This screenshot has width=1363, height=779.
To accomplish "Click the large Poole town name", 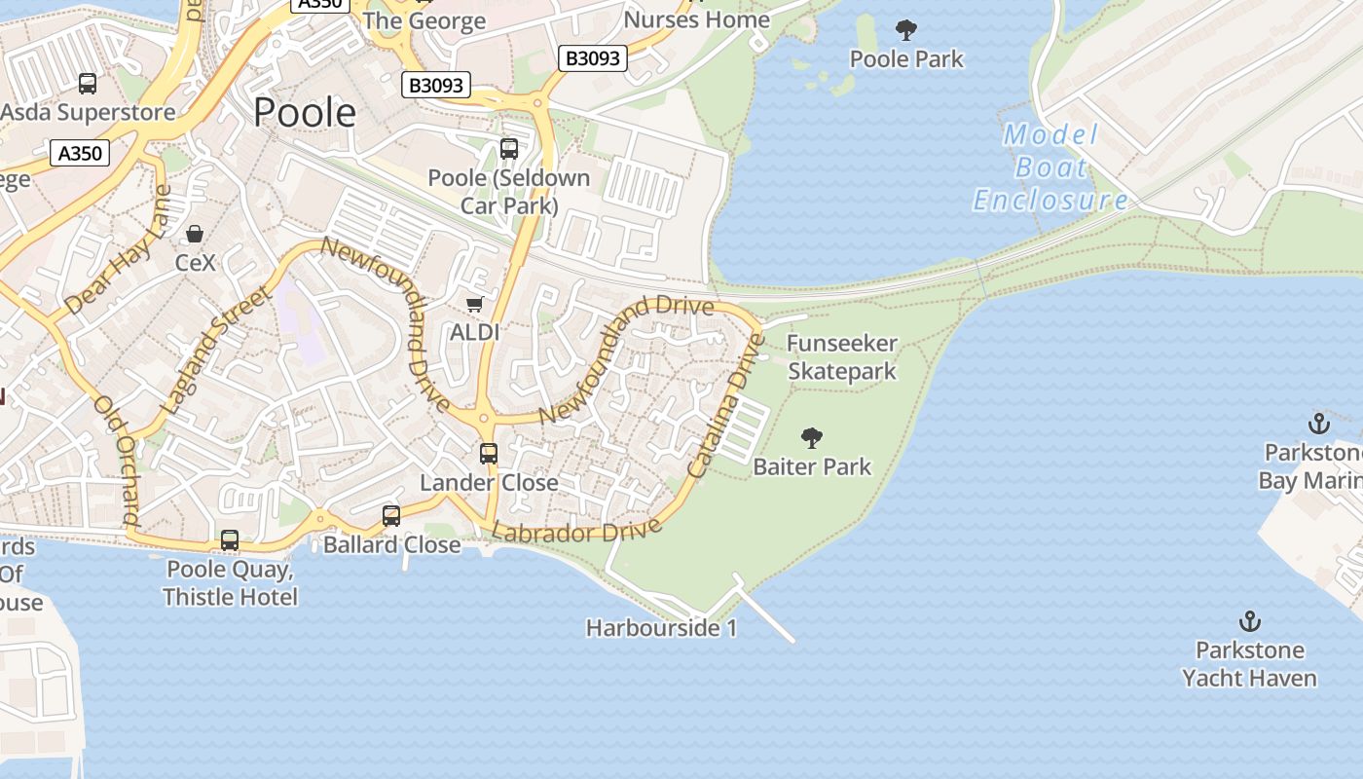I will [x=305, y=113].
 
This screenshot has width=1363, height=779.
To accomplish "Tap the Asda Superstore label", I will [x=88, y=112].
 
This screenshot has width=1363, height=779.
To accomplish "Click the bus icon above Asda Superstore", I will [x=88, y=83].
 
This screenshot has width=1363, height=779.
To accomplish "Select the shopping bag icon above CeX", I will [x=195, y=234].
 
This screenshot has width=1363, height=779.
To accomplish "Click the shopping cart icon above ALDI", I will [x=475, y=305].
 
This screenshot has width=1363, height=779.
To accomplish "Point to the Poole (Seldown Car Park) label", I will [x=509, y=192].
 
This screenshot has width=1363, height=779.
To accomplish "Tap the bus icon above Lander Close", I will [x=489, y=453].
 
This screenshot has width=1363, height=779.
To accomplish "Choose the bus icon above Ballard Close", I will [x=391, y=516].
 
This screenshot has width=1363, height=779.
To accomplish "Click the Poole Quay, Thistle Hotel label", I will [x=230, y=582].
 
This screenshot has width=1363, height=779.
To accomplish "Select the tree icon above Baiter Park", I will [x=811, y=438].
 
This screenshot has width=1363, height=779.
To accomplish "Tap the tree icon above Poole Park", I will [x=906, y=30].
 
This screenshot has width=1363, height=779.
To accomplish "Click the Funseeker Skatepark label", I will [x=842, y=357].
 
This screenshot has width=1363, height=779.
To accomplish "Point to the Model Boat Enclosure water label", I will [x=1050, y=167].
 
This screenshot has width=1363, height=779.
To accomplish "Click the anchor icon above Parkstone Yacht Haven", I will [x=1249, y=620].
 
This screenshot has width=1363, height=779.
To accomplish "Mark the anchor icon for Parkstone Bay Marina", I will [x=1318, y=424].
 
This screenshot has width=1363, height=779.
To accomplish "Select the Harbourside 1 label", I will [x=661, y=628].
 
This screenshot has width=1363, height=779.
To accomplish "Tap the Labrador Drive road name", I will [x=576, y=532].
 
